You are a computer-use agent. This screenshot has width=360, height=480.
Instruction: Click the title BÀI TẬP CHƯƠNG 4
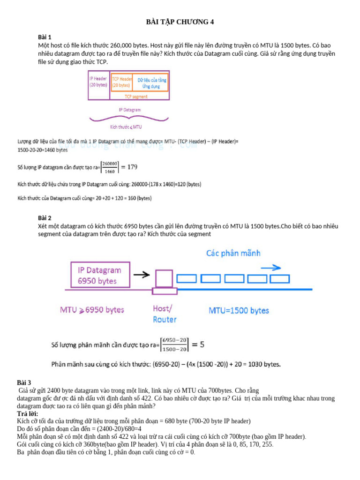[x=180, y=22]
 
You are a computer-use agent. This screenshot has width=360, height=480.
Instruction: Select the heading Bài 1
[x=45, y=37]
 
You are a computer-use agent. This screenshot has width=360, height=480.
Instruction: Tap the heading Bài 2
[x=45, y=218]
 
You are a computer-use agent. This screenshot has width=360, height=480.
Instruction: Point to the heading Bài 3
[x=24, y=383]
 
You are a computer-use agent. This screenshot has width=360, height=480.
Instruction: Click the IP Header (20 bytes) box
[x=98, y=82]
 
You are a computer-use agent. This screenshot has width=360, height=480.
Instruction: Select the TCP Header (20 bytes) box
[x=121, y=82]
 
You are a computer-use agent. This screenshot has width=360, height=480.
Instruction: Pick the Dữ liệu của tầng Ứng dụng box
[x=151, y=83]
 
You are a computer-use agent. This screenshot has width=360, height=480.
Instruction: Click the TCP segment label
[x=136, y=97]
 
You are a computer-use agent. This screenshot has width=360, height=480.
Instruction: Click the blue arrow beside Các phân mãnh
[x=270, y=268]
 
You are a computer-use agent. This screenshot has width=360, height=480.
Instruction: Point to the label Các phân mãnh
[x=233, y=253]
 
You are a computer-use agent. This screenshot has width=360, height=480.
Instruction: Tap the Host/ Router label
[x=165, y=314]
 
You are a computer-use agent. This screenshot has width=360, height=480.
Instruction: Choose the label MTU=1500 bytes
[x=239, y=310]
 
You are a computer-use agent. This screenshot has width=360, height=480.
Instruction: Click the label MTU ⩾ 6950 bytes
[x=91, y=310]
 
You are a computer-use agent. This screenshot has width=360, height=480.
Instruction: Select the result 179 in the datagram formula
[x=133, y=167]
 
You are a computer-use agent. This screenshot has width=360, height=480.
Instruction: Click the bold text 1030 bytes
[x=264, y=364]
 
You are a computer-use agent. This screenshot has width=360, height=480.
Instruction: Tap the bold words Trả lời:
[x=28, y=414]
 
